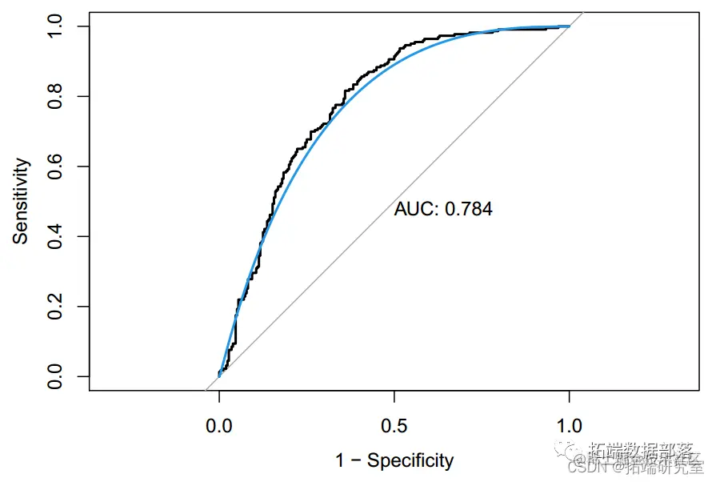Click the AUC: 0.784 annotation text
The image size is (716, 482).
click(x=443, y=210)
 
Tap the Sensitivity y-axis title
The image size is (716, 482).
click(x=21, y=201)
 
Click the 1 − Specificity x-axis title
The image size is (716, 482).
click(x=394, y=460)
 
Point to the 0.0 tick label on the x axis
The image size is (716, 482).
click(x=218, y=424)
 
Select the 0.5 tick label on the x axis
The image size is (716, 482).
click(x=394, y=424)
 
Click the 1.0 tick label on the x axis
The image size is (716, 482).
click(x=569, y=424)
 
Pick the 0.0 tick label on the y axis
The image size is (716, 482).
click(x=55, y=376)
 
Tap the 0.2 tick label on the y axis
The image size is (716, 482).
click(x=55, y=307)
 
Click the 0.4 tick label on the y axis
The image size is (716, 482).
click(x=55, y=236)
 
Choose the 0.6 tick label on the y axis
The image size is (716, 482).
click(x=55, y=167)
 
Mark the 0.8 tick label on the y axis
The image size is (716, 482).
click(x=55, y=96)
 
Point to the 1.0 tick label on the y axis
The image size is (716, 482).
click(x=55, y=26)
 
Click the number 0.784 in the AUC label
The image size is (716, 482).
click(x=468, y=210)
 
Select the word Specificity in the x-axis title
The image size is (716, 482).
click(x=410, y=460)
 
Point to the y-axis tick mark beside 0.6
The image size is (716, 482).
click(x=83, y=167)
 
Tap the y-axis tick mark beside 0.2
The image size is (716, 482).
click(x=83, y=307)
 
